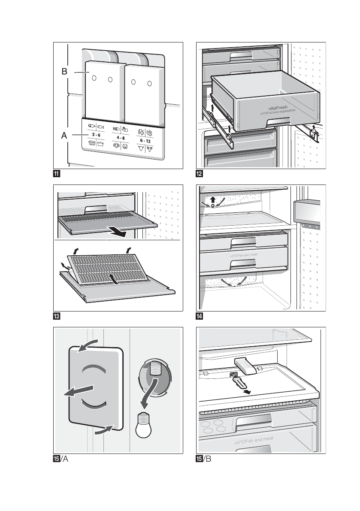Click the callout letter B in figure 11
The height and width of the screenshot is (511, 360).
click(x=64, y=72)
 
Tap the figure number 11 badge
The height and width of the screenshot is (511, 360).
click(x=56, y=174)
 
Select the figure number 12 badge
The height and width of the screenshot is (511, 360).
click(x=200, y=174)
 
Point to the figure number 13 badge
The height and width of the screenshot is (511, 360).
click(x=56, y=317)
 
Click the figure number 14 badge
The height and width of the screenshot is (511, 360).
click(x=200, y=317)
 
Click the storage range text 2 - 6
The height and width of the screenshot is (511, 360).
click(x=96, y=135)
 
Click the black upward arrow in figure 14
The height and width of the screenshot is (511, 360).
click(x=213, y=199)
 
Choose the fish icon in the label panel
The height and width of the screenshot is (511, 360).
click(x=101, y=127)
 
